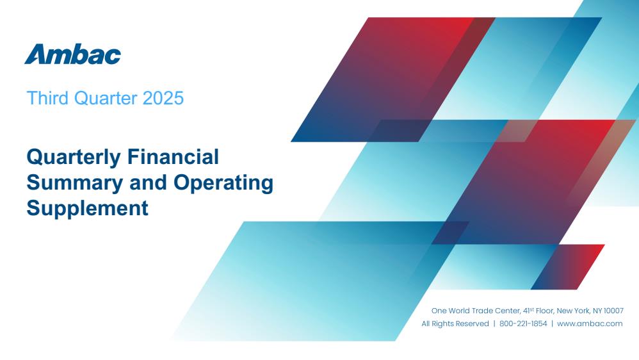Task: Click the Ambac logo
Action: (72, 54)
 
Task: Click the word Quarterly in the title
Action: (74, 158)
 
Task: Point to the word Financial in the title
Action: (174, 157)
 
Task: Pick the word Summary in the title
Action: (74, 183)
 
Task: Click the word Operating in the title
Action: (223, 183)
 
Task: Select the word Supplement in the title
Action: (87, 209)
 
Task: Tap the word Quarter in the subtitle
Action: (106, 98)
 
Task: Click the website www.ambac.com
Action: (590, 323)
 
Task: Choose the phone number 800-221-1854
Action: (523, 323)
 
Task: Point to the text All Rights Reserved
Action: (455, 323)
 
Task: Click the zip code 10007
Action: (614, 311)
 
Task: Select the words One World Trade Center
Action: (476, 311)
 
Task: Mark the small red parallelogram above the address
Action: (568, 267)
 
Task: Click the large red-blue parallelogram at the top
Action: (393, 79)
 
